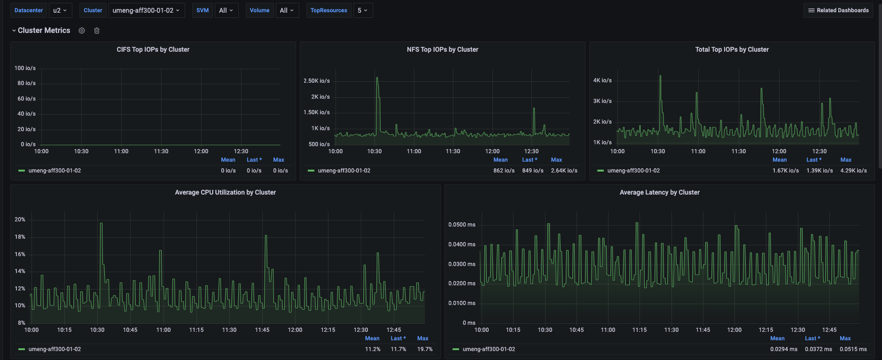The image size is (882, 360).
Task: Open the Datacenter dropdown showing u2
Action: pyautogui.click(x=60, y=10)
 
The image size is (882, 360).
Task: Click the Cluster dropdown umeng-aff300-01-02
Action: pyautogui.click(x=146, y=10)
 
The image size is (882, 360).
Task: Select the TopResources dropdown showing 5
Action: pyautogui.click(x=363, y=10)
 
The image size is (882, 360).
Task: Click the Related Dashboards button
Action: pyautogui.click(x=838, y=10)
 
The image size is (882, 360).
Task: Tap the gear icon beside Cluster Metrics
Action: pyautogui.click(x=82, y=31)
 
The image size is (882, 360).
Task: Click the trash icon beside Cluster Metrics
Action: pyautogui.click(x=97, y=31)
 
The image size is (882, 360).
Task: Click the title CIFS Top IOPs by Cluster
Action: pyautogui.click(x=153, y=49)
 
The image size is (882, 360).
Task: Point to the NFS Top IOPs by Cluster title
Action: pyautogui.click(x=442, y=49)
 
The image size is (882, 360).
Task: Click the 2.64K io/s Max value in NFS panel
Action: pyautogui.click(x=564, y=171)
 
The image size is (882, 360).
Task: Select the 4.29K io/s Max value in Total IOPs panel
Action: pyautogui.click(x=853, y=171)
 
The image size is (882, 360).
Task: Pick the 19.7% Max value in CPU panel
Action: pyautogui.click(x=425, y=349)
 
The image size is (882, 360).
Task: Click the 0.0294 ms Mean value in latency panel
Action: pyautogui.click(x=783, y=349)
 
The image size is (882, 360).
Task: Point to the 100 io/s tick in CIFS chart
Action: pyautogui.click(x=25, y=68)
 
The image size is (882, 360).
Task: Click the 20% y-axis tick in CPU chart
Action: pyautogui.click(x=20, y=219)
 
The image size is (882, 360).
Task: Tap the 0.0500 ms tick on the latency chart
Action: pyautogui.click(x=461, y=225)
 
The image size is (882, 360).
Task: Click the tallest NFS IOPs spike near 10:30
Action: pyautogui.click(x=377, y=78)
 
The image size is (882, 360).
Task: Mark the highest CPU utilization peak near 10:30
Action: pyautogui.click(x=101, y=224)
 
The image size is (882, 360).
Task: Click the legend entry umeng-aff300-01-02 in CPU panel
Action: pyautogui.click(x=55, y=349)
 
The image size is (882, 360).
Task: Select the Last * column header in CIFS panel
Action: pyautogui.click(x=254, y=160)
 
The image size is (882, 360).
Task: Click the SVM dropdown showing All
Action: pyautogui.click(x=226, y=10)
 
